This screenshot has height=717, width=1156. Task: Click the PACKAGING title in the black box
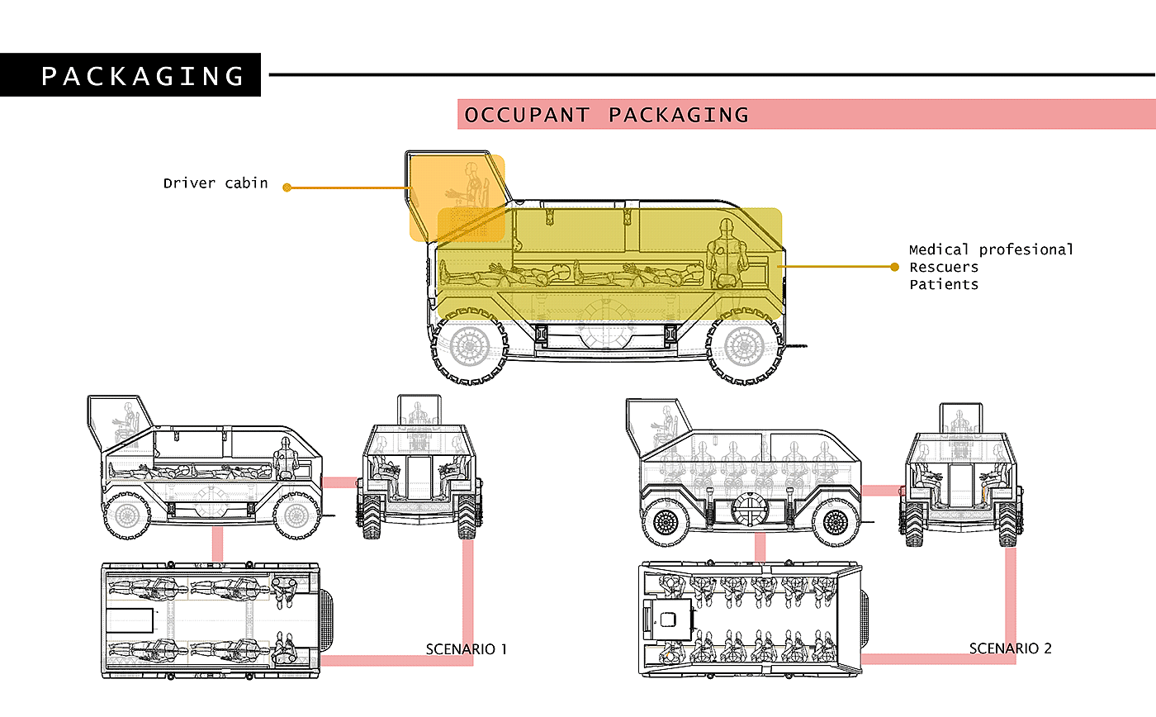click(x=143, y=76)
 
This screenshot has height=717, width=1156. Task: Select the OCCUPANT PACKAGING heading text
click(x=607, y=115)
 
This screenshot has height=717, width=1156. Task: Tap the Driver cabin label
click(x=216, y=183)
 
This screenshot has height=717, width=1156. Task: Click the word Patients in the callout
click(x=944, y=284)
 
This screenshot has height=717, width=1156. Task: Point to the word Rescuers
click(x=944, y=267)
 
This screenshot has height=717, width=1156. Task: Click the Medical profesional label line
click(x=991, y=249)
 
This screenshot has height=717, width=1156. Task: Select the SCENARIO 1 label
click(x=467, y=648)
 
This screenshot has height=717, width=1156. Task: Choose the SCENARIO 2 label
click(x=1011, y=648)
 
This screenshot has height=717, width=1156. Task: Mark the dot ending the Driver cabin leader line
click(x=287, y=188)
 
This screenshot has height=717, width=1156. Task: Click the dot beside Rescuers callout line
click(x=894, y=267)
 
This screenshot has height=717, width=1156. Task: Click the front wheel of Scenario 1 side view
click(x=127, y=516)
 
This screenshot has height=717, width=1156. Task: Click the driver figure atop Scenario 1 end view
click(x=419, y=414)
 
